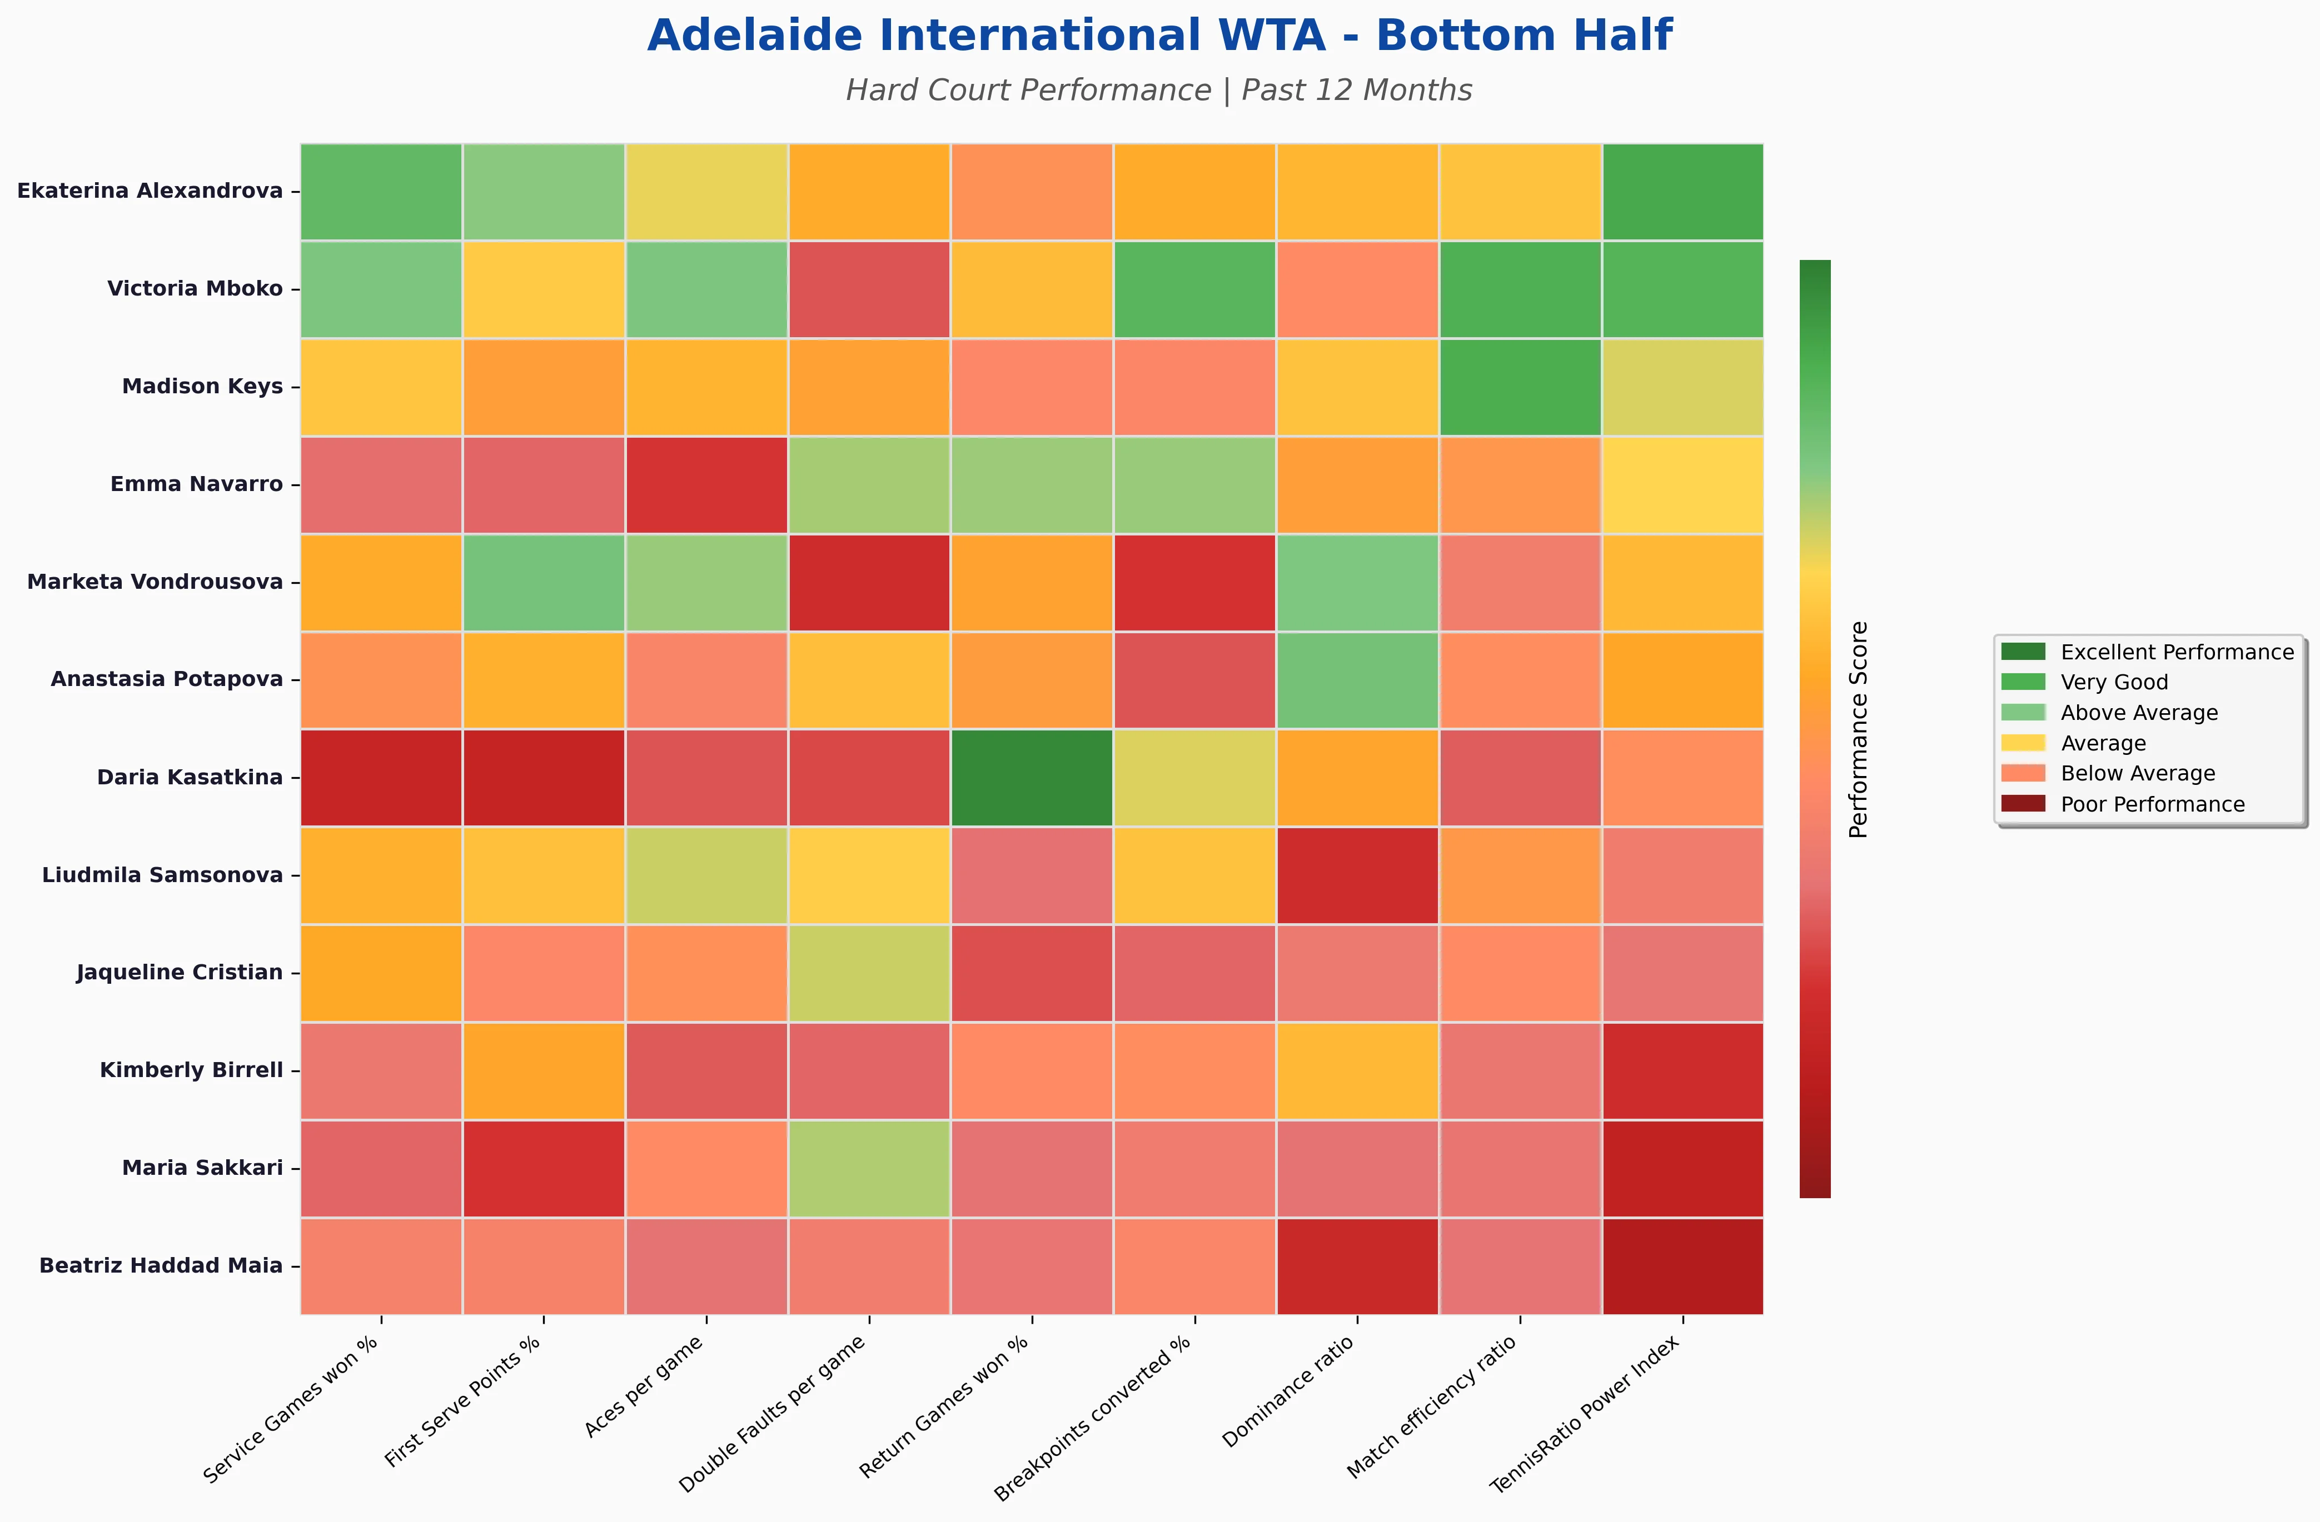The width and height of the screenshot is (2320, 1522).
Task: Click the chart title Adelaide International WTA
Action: click(1159, 36)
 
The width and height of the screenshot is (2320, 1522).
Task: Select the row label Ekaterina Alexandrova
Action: click(150, 191)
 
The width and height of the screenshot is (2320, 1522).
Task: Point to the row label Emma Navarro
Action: click(196, 484)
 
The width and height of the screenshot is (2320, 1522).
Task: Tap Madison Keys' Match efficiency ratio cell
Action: click(1520, 387)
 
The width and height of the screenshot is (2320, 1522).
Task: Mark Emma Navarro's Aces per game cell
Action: click(706, 484)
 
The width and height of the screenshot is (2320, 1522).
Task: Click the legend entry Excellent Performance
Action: click(2177, 652)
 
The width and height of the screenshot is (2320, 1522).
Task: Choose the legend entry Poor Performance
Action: click(2152, 804)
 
